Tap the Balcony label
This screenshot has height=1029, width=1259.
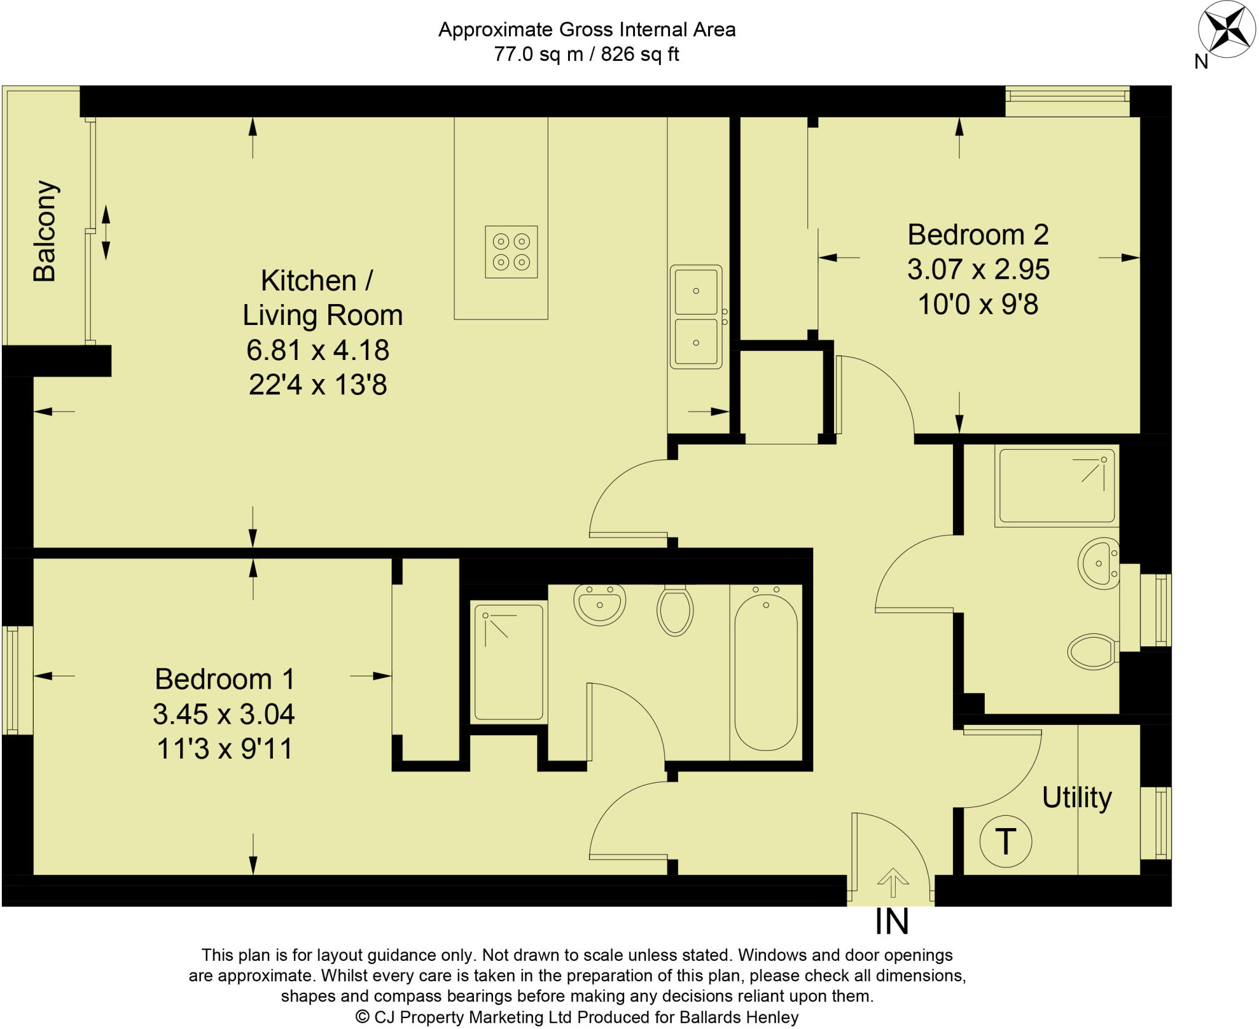45,231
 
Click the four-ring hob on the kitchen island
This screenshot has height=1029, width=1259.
511,252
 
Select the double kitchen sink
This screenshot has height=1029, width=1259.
696,317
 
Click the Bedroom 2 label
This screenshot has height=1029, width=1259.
977,235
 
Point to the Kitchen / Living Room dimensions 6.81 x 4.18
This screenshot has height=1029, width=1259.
318,350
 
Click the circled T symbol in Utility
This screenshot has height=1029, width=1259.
1005,842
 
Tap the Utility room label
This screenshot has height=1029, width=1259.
1076,798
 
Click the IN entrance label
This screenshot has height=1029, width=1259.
891,922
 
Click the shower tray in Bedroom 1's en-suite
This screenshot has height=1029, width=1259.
508,662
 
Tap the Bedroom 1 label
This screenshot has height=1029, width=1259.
225,679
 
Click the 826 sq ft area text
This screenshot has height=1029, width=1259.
639,55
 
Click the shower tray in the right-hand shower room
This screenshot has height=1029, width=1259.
1057,485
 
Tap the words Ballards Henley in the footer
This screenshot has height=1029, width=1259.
738,1017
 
